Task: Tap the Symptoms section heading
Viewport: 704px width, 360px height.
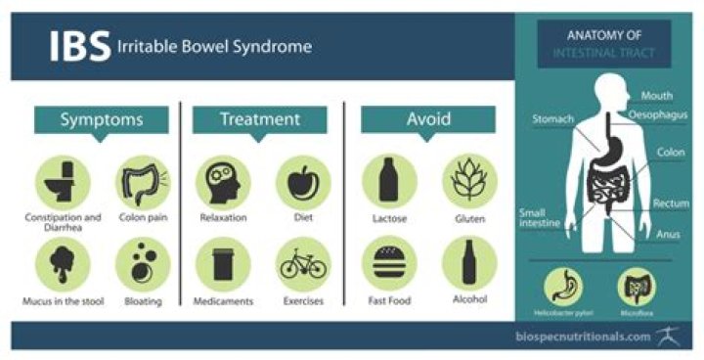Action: pos(102,119)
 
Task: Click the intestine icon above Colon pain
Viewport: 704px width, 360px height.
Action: pos(145,180)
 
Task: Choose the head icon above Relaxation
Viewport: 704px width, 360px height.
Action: pos(223,180)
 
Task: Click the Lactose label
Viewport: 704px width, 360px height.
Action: pos(389,217)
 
